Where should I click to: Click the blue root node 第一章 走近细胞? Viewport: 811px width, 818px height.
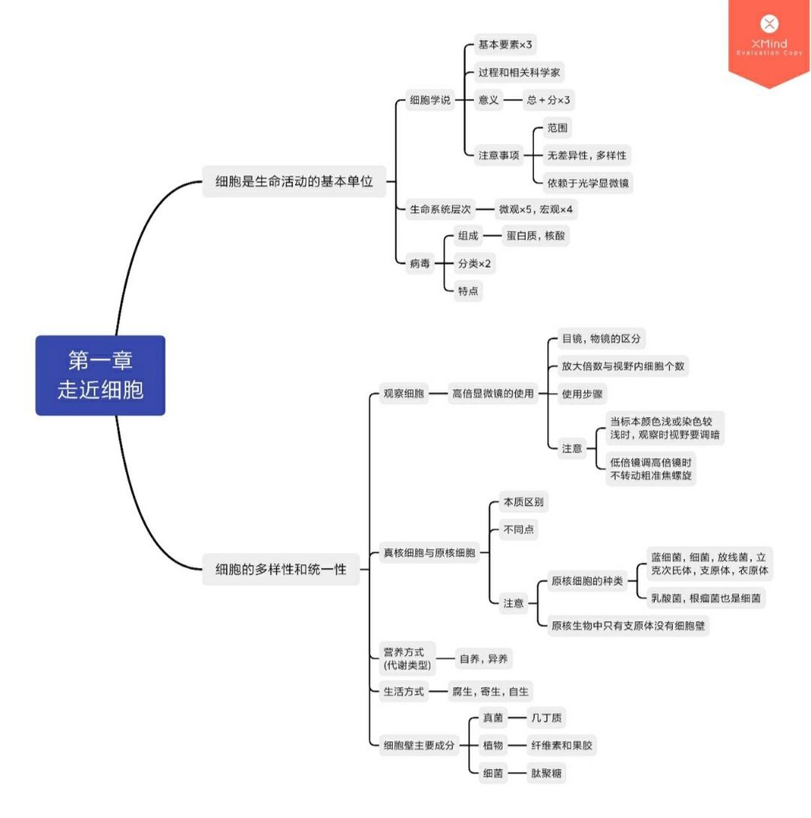pyautogui.click(x=100, y=375)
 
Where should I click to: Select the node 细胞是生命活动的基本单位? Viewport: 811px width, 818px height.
pyautogui.click(x=294, y=181)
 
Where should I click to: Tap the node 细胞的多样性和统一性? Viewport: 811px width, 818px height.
pyautogui.click(x=281, y=569)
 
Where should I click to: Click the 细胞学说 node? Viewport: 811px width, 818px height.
pyautogui.click(x=430, y=100)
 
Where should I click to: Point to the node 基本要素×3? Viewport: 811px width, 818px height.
pyautogui.click(x=505, y=45)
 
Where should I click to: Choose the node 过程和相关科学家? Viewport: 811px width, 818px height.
pyautogui.click(x=519, y=72)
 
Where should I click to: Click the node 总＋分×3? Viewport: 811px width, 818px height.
pyautogui.click(x=548, y=100)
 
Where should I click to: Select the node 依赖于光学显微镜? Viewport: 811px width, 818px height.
pyautogui.click(x=588, y=183)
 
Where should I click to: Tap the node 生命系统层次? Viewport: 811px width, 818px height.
pyautogui.click(x=440, y=209)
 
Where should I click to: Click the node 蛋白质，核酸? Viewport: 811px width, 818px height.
pyautogui.click(x=535, y=236)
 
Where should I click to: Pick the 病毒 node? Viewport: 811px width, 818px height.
pyautogui.click(x=420, y=263)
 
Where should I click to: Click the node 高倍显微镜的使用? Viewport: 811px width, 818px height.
pyautogui.click(x=492, y=394)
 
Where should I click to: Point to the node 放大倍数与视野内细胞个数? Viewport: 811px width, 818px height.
pyautogui.click(x=622, y=366)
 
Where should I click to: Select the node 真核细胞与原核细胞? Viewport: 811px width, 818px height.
pyautogui.click(x=429, y=553)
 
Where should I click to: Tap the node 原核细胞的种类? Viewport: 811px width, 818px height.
pyautogui.click(x=587, y=581)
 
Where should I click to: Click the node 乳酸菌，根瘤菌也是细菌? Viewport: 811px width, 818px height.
pyautogui.click(x=705, y=598)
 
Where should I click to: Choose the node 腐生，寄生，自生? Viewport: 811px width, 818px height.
pyautogui.click(x=490, y=691)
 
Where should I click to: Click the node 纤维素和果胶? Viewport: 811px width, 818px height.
pyautogui.click(x=562, y=745)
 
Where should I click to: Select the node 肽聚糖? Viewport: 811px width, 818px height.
pyautogui.click(x=546, y=773)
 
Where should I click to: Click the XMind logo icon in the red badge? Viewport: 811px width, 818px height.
pyautogui.click(x=769, y=24)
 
